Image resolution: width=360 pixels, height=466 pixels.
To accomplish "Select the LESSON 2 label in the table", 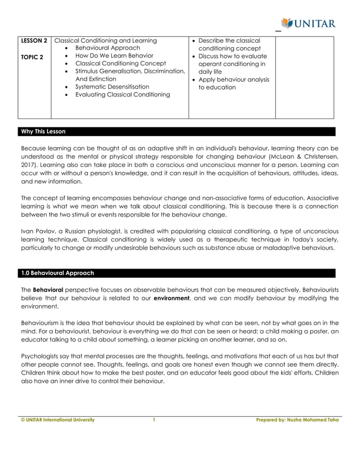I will (34, 41).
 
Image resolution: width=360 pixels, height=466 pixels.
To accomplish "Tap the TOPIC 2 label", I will (32, 56).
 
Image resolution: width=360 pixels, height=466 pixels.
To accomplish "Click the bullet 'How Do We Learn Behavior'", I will (114, 56).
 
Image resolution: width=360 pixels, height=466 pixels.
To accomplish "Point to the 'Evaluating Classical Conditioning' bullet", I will (122, 95).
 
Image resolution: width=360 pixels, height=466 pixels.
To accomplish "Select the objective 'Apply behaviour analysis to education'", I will (234, 83).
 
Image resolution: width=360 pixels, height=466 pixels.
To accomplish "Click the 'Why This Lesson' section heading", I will (43, 131).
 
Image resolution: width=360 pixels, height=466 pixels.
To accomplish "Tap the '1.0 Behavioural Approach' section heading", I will (57, 273).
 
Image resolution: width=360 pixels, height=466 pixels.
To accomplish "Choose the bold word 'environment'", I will (172, 297).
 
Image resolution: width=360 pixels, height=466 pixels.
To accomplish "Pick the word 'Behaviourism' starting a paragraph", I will (41, 323).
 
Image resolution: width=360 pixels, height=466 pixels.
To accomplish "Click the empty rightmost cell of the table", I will (304, 77).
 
